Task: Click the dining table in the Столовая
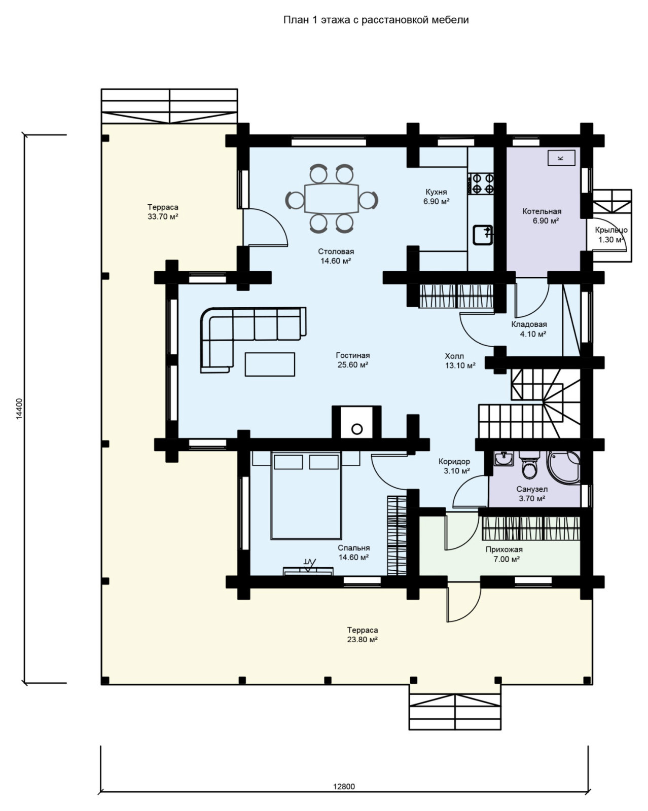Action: pos(331,199)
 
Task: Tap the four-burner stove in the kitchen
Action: pos(481,183)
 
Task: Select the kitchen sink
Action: pos(483,235)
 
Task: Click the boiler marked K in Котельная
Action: pos(561,158)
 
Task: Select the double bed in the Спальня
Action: pos(306,496)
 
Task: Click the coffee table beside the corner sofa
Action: pos(270,364)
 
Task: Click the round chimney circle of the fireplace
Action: pos(356,429)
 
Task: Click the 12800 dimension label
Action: pos(344,786)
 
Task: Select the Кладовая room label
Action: pos(529,324)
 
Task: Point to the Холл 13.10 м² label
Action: pos(460,361)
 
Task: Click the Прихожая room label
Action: pos(504,549)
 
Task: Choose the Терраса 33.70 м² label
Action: pos(163,212)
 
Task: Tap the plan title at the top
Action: pos(376,20)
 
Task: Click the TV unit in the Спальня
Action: pos(308,570)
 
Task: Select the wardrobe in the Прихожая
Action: pos(531,528)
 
